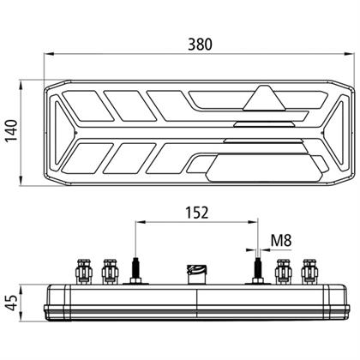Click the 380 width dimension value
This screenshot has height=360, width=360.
tap(200, 45)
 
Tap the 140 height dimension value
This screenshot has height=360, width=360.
tap(12, 130)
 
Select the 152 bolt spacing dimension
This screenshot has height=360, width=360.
tap(197, 213)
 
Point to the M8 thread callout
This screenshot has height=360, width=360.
tap(281, 240)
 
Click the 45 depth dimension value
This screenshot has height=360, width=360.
tap(12, 303)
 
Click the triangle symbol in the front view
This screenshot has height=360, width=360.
tap(264, 98)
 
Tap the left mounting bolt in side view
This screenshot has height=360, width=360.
tap(135, 271)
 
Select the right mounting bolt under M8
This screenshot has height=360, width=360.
tap(258, 271)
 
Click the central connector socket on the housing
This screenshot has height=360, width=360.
tap(196, 274)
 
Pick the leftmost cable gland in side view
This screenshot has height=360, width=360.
tap(84, 272)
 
